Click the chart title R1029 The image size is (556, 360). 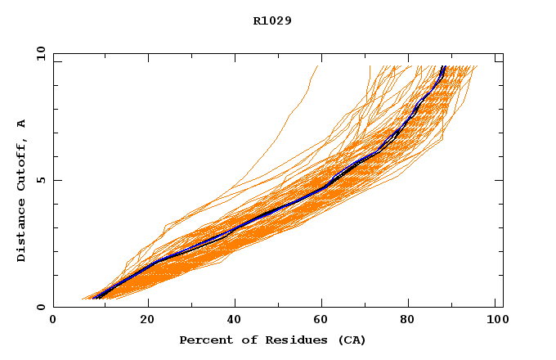click(x=272, y=20)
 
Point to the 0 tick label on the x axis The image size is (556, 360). click(x=53, y=321)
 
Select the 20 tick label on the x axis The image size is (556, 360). click(x=147, y=321)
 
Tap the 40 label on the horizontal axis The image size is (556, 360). click(x=236, y=321)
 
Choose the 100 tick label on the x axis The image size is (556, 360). click(x=495, y=321)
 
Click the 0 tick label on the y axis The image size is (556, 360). click(x=40, y=307)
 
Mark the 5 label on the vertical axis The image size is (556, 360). click(x=40, y=180)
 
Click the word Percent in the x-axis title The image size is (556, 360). click(x=201, y=340)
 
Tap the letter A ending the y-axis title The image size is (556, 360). click(x=22, y=124)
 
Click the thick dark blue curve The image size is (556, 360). click(x=278, y=209)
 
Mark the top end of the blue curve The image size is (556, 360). click(x=443, y=67)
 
